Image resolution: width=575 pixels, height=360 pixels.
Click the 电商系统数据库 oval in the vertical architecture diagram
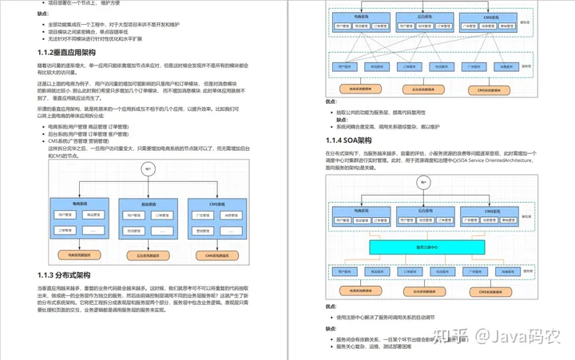78,255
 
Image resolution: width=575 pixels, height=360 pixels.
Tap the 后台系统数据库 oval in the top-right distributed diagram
423,90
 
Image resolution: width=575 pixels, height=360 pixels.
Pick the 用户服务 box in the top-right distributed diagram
346,67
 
